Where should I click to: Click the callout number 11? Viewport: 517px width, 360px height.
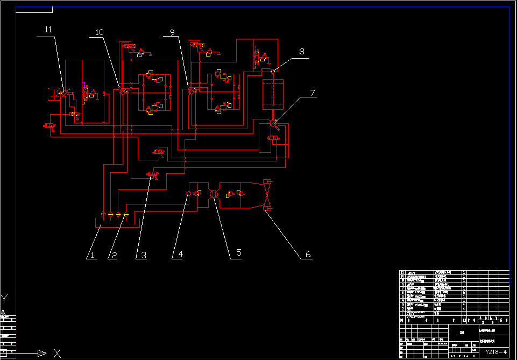point(49,30)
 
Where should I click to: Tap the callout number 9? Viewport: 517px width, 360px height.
point(172,33)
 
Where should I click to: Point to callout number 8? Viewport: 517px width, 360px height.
point(302,52)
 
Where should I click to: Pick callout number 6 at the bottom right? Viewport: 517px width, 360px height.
point(308,255)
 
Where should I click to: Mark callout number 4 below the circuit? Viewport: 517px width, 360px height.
point(181,255)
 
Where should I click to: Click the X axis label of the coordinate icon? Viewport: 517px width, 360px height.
point(57,354)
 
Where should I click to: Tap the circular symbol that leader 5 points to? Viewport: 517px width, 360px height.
point(214,194)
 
